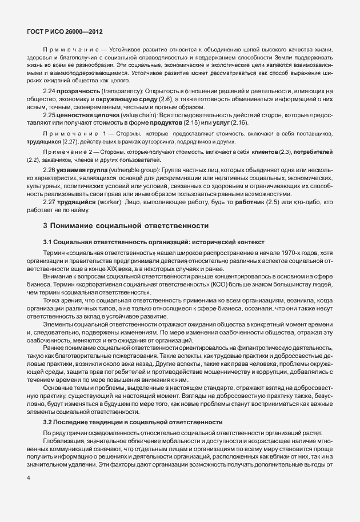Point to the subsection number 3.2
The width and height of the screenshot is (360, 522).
pos(48,423)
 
